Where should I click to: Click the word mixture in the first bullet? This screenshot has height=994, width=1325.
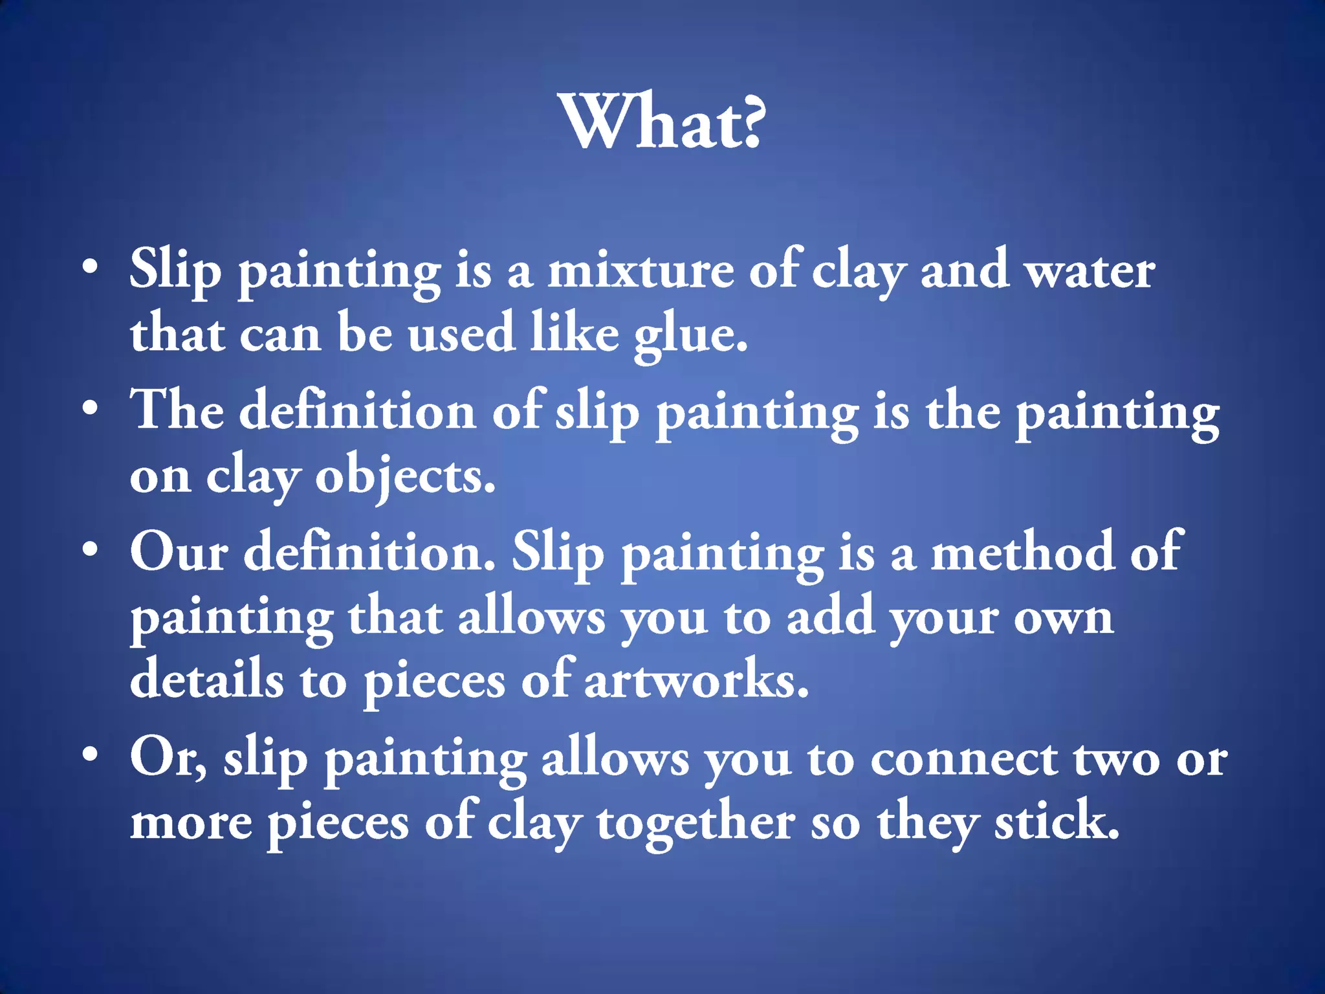click(x=641, y=271)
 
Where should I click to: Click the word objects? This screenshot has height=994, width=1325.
click(x=405, y=478)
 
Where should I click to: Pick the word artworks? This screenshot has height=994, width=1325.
click(x=695, y=681)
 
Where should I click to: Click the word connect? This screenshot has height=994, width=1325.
click(x=964, y=760)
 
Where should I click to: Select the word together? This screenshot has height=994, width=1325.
click(x=695, y=824)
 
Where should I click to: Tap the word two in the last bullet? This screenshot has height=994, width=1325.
click(x=1117, y=760)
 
